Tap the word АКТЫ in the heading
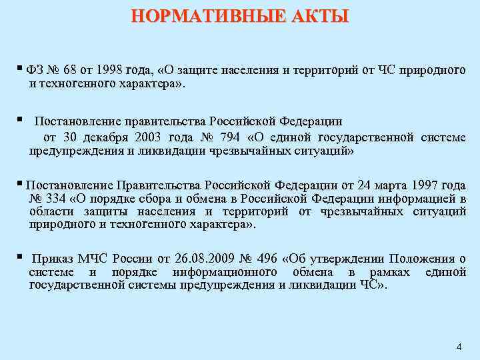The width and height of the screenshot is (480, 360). tap(319, 16)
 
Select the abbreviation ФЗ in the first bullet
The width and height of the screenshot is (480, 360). tap(34, 71)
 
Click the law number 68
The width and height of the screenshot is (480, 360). tap(73, 71)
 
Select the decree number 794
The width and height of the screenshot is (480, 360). tap(227, 137)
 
